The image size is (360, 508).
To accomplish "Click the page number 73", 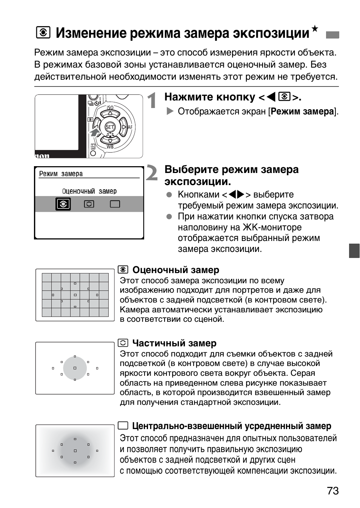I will click(332, 491).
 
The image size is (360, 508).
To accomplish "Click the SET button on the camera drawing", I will click(109, 127).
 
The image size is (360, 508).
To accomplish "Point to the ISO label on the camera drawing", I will click(110, 108).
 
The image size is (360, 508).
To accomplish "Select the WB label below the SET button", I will click(110, 147).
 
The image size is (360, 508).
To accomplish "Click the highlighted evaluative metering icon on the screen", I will click(63, 204).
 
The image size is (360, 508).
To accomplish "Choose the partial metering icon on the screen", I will click(89, 204).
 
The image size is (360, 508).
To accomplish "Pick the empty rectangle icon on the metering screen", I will click(115, 204).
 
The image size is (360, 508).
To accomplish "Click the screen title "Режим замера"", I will click(61, 174).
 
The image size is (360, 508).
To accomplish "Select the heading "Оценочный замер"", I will click(175, 270).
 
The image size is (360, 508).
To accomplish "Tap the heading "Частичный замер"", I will click(174, 343).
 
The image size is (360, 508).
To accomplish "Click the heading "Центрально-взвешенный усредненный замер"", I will click(231, 426).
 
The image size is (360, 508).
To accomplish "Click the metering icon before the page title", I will click(43, 33).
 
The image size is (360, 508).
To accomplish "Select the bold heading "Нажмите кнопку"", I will click(210, 97).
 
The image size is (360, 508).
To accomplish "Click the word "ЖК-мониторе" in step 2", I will click(272, 227).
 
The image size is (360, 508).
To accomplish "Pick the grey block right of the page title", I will click(332, 35).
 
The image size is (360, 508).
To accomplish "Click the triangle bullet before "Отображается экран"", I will click(170, 111).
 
